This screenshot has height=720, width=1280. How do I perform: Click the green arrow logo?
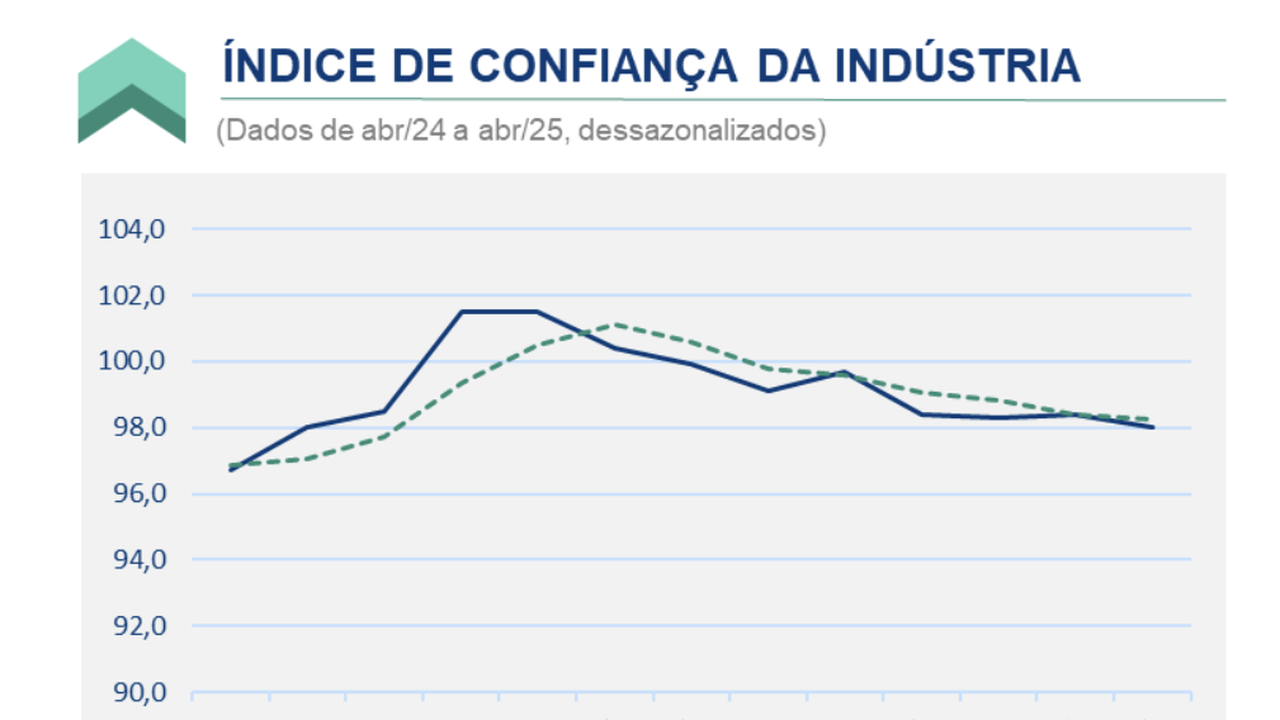[132, 91]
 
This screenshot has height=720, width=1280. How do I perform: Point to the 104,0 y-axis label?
[131, 229]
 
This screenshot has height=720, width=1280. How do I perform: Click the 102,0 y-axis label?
[131, 295]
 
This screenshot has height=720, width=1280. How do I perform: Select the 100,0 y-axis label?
[131, 361]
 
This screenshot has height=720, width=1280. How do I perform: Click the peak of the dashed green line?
[615, 324]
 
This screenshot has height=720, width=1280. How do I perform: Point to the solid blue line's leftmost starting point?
[231, 470]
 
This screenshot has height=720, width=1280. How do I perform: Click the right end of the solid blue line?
[1153, 427]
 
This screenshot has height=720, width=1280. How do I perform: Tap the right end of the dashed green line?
[1153, 419]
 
